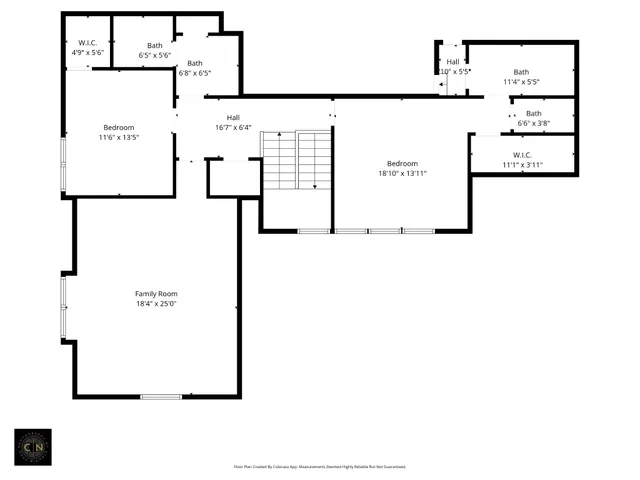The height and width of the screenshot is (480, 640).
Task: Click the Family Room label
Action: pos(156,293)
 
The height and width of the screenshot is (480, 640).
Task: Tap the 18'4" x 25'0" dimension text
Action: pos(156,303)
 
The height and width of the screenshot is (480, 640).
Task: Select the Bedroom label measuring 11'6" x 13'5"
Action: pos(119,127)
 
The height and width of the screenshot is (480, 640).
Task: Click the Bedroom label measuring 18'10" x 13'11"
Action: pos(402,163)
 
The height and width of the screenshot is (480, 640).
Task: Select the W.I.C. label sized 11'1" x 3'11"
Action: pos(521,155)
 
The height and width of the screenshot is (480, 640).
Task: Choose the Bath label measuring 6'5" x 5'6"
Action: pos(155,45)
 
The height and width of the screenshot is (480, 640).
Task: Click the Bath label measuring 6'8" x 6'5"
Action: pos(195,63)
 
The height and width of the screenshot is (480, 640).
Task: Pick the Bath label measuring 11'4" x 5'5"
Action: pos(521,72)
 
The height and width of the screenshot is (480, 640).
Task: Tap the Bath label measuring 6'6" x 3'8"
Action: pos(534,113)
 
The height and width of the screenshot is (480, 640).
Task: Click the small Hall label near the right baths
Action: pos(453,62)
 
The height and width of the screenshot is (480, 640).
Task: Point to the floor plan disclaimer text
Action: pos(320,466)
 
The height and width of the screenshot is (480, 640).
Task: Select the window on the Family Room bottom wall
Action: pos(161,397)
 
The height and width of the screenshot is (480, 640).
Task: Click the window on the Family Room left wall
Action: pos(63,306)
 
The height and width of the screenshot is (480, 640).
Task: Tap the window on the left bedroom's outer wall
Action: pos(63,165)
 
